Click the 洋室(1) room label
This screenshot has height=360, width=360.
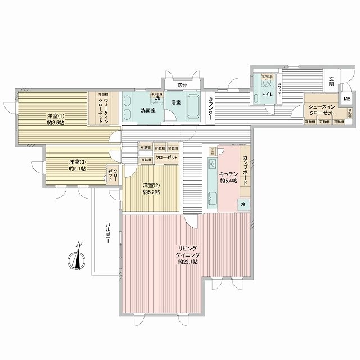tap(56, 116)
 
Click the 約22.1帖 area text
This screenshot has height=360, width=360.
tap(187, 262)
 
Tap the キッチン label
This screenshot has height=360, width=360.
tap(228, 174)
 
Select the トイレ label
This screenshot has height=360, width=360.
tap(268, 94)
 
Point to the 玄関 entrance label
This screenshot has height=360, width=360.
tap(332, 82)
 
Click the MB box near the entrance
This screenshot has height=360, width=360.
tap(346, 99)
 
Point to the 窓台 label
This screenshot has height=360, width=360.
tap(181, 85)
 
